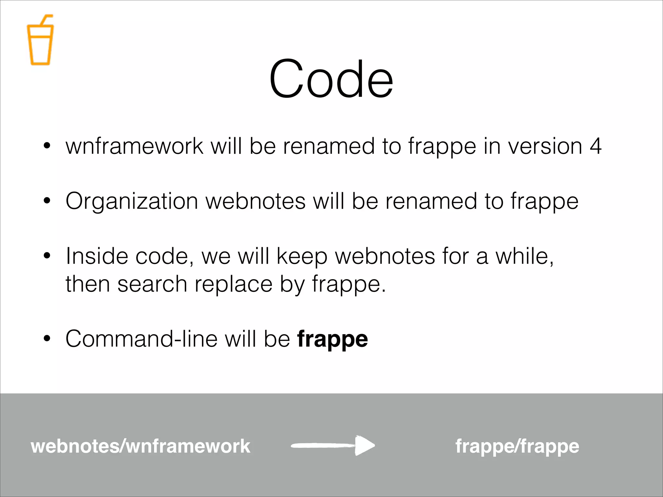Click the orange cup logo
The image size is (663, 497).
pos(40,44)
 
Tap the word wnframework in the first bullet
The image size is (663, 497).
pos(134,146)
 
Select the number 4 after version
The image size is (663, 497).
pos(595,146)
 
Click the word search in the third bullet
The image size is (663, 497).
pos(152,284)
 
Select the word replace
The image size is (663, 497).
pos(233,284)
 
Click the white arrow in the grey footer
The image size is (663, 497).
pos(333,446)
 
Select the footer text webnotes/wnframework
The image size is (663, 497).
pos(140,446)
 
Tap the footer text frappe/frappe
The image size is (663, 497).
pos(517,447)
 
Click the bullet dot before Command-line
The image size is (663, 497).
pos(47,339)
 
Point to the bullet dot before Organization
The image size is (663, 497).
pos(47,201)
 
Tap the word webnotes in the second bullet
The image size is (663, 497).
pos(255,201)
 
